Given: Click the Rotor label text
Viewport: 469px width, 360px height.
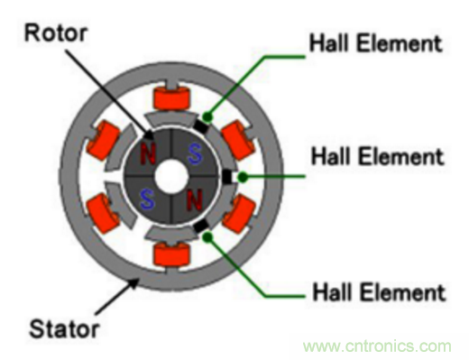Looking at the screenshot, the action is coord(56,32).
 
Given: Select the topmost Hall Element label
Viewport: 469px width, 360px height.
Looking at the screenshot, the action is coord(376,43).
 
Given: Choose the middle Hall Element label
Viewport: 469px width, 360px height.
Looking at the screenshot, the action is coord(377,156).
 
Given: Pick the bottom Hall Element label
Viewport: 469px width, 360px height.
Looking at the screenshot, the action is coord(379,292).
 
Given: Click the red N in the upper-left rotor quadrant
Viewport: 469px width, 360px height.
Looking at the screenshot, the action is coord(148,153).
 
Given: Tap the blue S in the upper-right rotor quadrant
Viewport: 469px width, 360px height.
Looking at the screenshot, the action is coord(195,153).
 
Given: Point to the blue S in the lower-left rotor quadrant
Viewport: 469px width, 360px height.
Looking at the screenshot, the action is coord(147,199).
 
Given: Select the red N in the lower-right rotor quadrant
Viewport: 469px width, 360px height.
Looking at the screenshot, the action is coord(195,200).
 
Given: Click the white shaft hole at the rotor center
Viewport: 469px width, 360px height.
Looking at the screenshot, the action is coord(171,177).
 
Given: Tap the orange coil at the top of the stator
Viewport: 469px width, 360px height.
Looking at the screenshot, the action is coord(172,97).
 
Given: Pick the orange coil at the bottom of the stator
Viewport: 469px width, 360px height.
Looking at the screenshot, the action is coord(172,255).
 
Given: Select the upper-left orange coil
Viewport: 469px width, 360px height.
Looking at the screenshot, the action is coord(104,140).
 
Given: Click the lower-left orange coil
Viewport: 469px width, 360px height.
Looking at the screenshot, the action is coord(104,214).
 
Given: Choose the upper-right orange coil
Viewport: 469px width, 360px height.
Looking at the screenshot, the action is coord(239,140).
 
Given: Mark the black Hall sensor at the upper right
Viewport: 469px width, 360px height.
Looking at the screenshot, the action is coord(202,126).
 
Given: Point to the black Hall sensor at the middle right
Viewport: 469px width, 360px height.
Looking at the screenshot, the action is coord(227,177).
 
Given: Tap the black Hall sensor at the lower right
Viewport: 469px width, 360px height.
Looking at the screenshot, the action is coord(201,226).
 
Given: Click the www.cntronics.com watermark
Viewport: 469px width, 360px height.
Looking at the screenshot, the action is coord(377,346).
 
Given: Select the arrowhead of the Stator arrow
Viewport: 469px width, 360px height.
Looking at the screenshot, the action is coord(133,283).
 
